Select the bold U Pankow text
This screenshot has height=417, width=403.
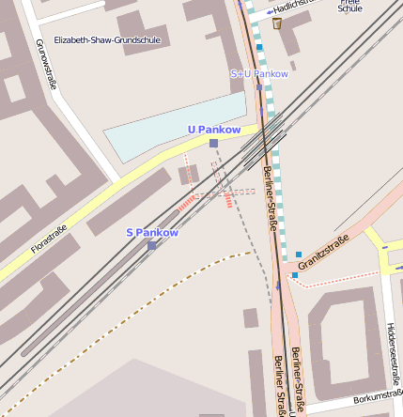[x=214, y=129]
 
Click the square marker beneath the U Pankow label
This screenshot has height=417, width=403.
[x=214, y=143]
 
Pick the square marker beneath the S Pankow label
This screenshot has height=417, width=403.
[x=152, y=245]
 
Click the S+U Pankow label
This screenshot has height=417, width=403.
[x=259, y=73]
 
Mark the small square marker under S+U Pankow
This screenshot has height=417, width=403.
[x=259, y=87]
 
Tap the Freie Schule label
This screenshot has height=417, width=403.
[x=349, y=5]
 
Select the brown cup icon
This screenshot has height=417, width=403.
[x=277, y=23]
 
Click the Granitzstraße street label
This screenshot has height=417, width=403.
[x=323, y=254]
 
